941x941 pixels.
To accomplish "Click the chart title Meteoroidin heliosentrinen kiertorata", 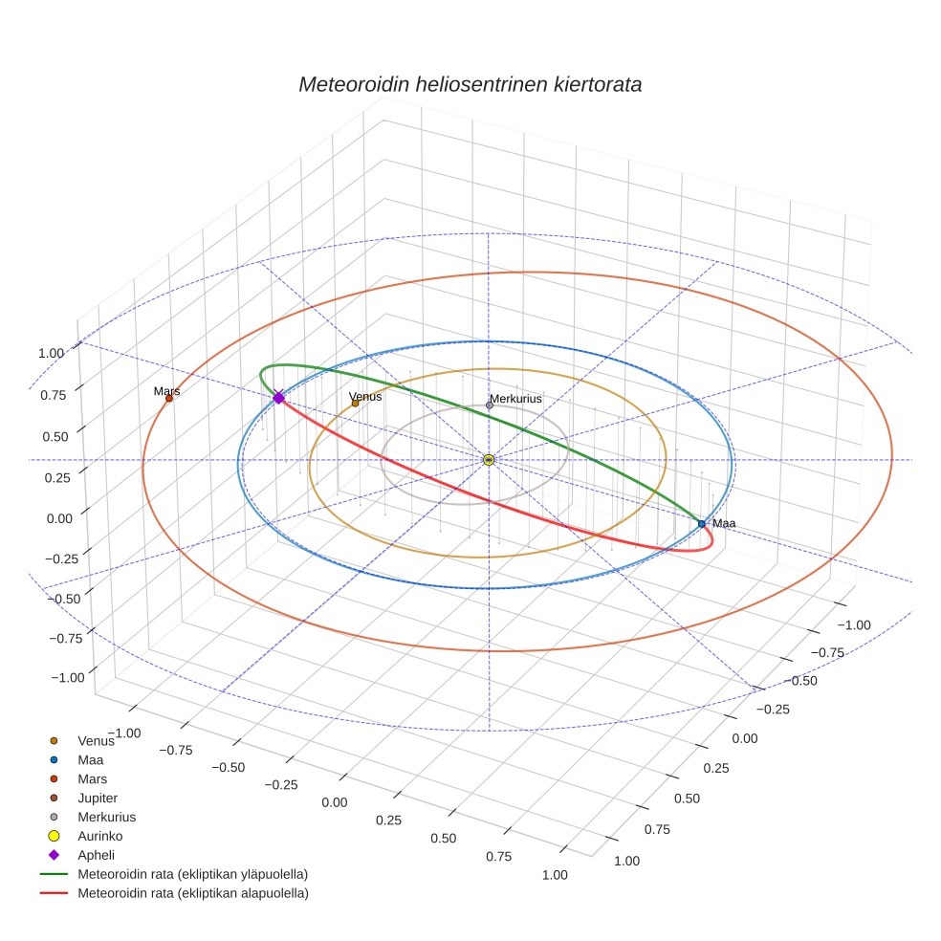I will point(470,84).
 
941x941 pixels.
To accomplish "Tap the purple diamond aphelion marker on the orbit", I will point(278,398).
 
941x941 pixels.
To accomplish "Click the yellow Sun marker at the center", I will point(489,460).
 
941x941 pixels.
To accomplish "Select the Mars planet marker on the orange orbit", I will point(169,398).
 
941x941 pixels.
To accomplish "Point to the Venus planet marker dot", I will point(355,404).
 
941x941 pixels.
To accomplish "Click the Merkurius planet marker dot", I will point(490,405).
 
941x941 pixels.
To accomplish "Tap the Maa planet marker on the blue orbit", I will point(702,524).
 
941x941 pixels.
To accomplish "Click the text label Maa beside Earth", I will point(724,523).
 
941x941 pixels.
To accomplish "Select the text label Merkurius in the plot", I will point(515,398).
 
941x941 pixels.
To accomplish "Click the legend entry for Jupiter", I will point(98,798).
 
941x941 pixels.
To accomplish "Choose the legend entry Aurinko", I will point(99,836).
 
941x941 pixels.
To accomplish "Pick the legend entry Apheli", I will point(96,855).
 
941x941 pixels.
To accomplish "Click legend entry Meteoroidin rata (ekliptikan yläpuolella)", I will point(192,874).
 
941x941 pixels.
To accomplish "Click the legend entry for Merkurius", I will point(106,817).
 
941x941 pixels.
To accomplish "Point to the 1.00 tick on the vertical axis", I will point(51,353).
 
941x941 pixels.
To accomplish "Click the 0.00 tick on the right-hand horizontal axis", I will point(743,738).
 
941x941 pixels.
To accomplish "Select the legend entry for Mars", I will point(92,778).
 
